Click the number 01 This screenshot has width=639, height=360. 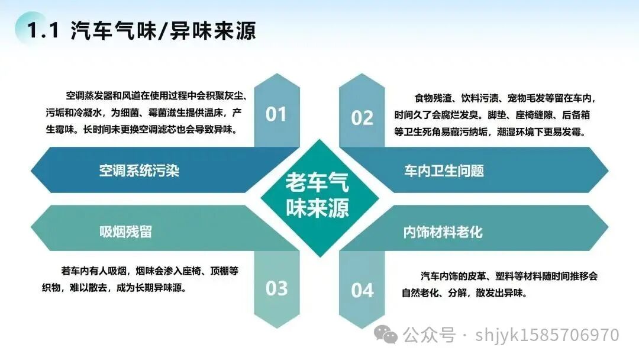click(x=276, y=114)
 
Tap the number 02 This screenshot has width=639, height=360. click(x=362, y=118)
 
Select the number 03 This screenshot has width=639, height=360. click(x=276, y=289)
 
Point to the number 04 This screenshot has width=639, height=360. click(x=362, y=291)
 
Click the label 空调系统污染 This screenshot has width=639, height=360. click(x=139, y=171)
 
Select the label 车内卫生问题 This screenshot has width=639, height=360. click(x=444, y=171)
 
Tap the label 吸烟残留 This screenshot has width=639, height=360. click(x=125, y=232)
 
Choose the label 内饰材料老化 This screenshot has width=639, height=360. click(x=443, y=232)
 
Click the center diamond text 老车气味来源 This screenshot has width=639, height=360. click(x=318, y=195)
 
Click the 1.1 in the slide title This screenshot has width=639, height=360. click(x=43, y=30)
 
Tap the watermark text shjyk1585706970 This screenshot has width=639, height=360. click(x=547, y=335)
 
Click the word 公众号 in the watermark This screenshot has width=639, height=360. click(x=429, y=335)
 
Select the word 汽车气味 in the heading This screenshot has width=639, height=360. click(x=113, y=30)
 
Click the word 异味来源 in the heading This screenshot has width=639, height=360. click(x=212, y=30)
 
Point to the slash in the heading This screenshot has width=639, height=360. click(x=163, y=31)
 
